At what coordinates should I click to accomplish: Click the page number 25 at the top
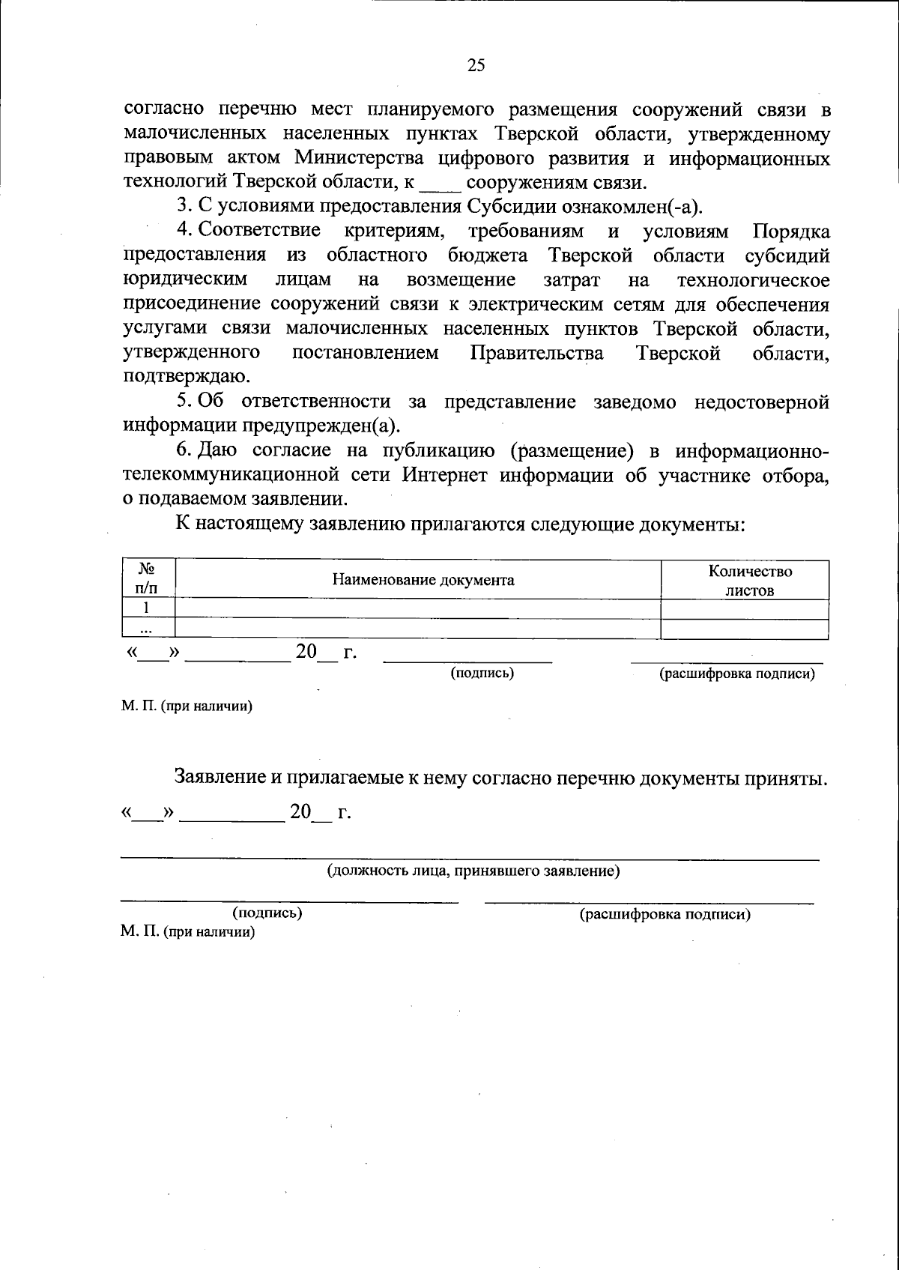(x=476, y=65)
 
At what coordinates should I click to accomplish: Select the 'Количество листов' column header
(x=750, y=580)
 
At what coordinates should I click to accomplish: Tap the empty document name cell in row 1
(x=417, y=608)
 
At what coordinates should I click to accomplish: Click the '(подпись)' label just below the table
(x=482, y=673)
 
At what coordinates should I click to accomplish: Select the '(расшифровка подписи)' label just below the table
(x=736, y=674)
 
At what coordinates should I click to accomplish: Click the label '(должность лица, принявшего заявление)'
(x=472, y=871)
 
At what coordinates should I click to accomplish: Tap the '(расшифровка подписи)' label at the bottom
(x=665, y=914)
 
